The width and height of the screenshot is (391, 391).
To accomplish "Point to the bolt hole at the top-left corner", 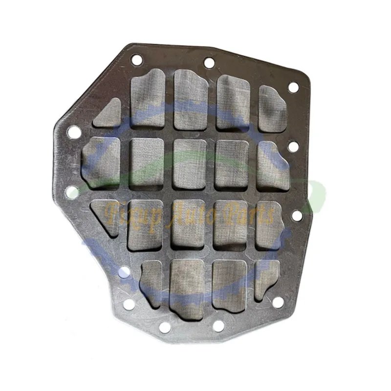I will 137,60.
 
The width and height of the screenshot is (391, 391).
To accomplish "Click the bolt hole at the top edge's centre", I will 209,63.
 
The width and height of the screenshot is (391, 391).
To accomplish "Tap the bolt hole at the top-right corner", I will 293,87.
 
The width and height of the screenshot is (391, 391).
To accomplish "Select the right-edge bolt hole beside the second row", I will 294,146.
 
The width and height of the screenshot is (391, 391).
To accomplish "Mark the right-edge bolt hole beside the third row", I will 297,216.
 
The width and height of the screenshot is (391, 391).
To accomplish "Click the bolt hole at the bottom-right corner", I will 278,303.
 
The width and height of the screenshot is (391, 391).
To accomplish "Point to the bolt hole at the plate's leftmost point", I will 74,132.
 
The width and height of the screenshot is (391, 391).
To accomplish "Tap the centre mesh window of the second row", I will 189,164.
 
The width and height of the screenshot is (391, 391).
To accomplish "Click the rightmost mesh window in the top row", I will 272,109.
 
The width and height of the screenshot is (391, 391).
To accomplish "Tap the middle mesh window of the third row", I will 188,224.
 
